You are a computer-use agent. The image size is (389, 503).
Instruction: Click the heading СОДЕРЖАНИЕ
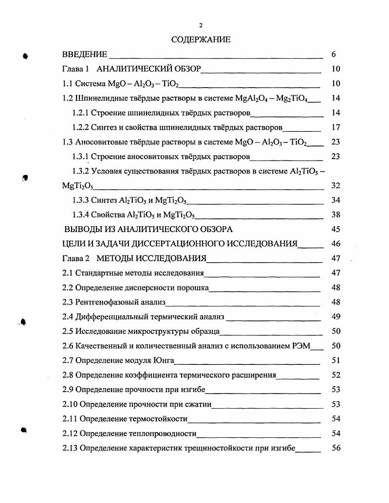201,40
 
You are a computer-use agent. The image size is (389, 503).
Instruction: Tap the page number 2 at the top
201,25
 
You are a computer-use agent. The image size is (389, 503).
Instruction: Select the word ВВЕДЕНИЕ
85,54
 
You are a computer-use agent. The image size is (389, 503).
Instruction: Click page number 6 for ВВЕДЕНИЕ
333,54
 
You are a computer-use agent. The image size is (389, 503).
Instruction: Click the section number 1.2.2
81,127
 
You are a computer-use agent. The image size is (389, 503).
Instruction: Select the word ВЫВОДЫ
83,229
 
